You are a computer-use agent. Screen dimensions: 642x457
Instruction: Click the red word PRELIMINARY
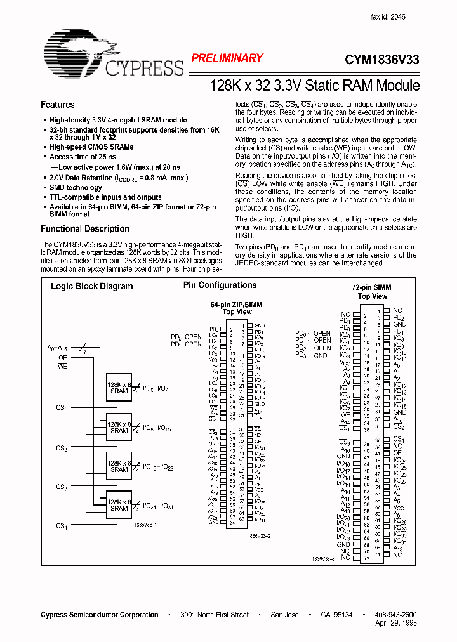point(227,58)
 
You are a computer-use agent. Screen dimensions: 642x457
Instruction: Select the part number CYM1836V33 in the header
point(381,59)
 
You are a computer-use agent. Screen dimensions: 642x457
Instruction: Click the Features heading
point(58,105)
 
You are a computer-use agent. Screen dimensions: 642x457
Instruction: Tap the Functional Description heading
point(85,229)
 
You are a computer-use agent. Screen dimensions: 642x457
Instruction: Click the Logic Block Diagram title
point(92,286)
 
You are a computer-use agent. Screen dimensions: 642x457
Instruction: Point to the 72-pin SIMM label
point(372,287)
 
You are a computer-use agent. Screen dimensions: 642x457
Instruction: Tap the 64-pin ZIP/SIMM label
point(236,305)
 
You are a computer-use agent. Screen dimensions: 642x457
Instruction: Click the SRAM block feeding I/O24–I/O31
point(119,505)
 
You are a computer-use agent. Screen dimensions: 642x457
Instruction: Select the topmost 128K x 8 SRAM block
point(119,388)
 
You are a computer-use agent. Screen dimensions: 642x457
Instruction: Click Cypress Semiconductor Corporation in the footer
point(100,615)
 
